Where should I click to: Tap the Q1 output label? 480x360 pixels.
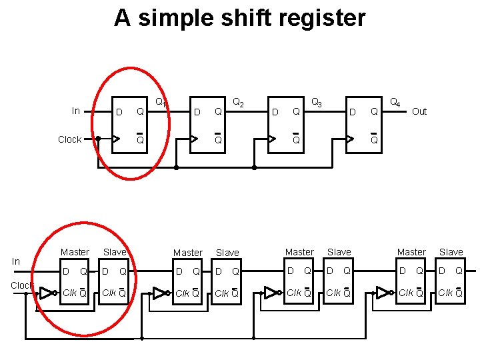[160, 103]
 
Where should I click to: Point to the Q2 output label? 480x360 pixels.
[237, 103]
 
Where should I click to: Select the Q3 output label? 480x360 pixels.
[317, 103]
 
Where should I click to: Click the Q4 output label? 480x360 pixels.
[395, 103]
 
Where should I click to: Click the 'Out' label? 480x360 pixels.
[419, 111]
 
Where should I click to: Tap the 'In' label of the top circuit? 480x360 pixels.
[76, 111]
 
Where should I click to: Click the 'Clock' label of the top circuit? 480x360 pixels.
[70, 139]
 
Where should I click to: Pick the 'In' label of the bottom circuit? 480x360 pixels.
[16, 262]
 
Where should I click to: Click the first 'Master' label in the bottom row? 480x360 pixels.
[75, 252]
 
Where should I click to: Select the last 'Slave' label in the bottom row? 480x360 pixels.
[451, 252]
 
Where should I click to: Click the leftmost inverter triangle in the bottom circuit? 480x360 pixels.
[47, 293]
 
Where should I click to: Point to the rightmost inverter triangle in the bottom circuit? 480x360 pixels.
[383, 292]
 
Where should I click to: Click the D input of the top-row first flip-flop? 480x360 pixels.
[119, 111]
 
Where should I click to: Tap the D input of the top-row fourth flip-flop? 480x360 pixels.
[353, 111]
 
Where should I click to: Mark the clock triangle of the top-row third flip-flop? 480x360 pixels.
[272, 139]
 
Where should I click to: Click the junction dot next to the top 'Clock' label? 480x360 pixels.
[98, 139]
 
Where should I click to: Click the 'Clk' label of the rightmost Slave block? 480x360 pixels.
[444, 293]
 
